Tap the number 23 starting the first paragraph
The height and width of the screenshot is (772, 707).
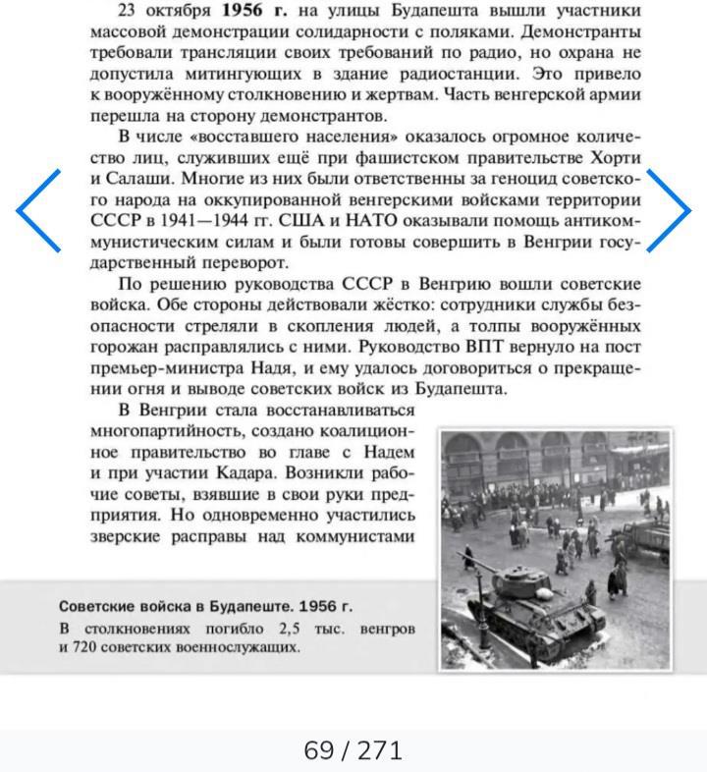(129, 11)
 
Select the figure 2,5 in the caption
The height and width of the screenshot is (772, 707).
(294, 628)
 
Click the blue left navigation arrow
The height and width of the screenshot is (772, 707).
(39, 210)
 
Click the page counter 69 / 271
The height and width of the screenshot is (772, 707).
(353, 751)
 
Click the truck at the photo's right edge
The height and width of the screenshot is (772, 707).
(650, 538)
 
